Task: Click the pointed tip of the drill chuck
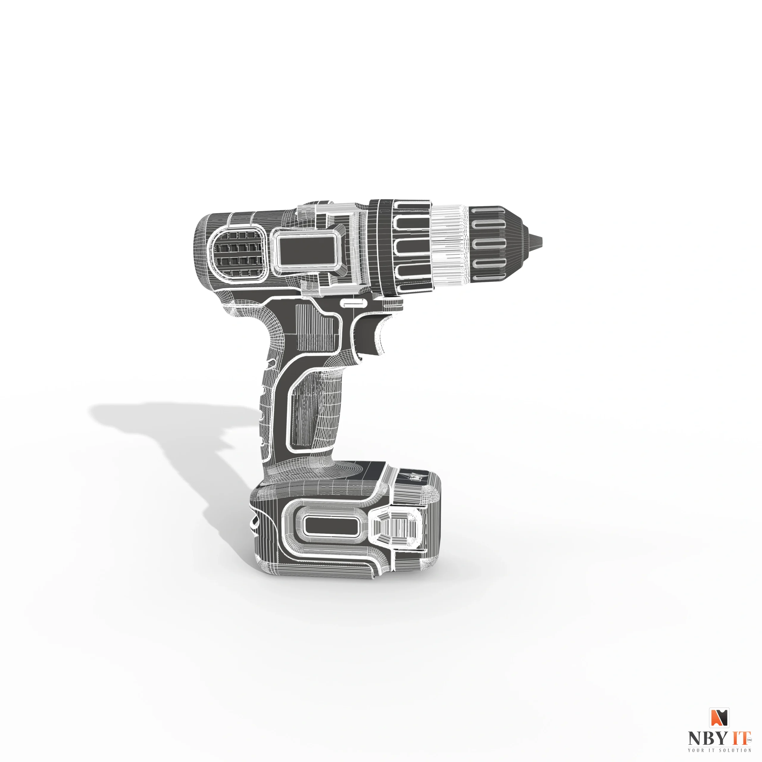click(x=540, y=240)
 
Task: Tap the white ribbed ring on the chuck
click(x=450, y=245)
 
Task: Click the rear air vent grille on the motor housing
click(x=238, y=253)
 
